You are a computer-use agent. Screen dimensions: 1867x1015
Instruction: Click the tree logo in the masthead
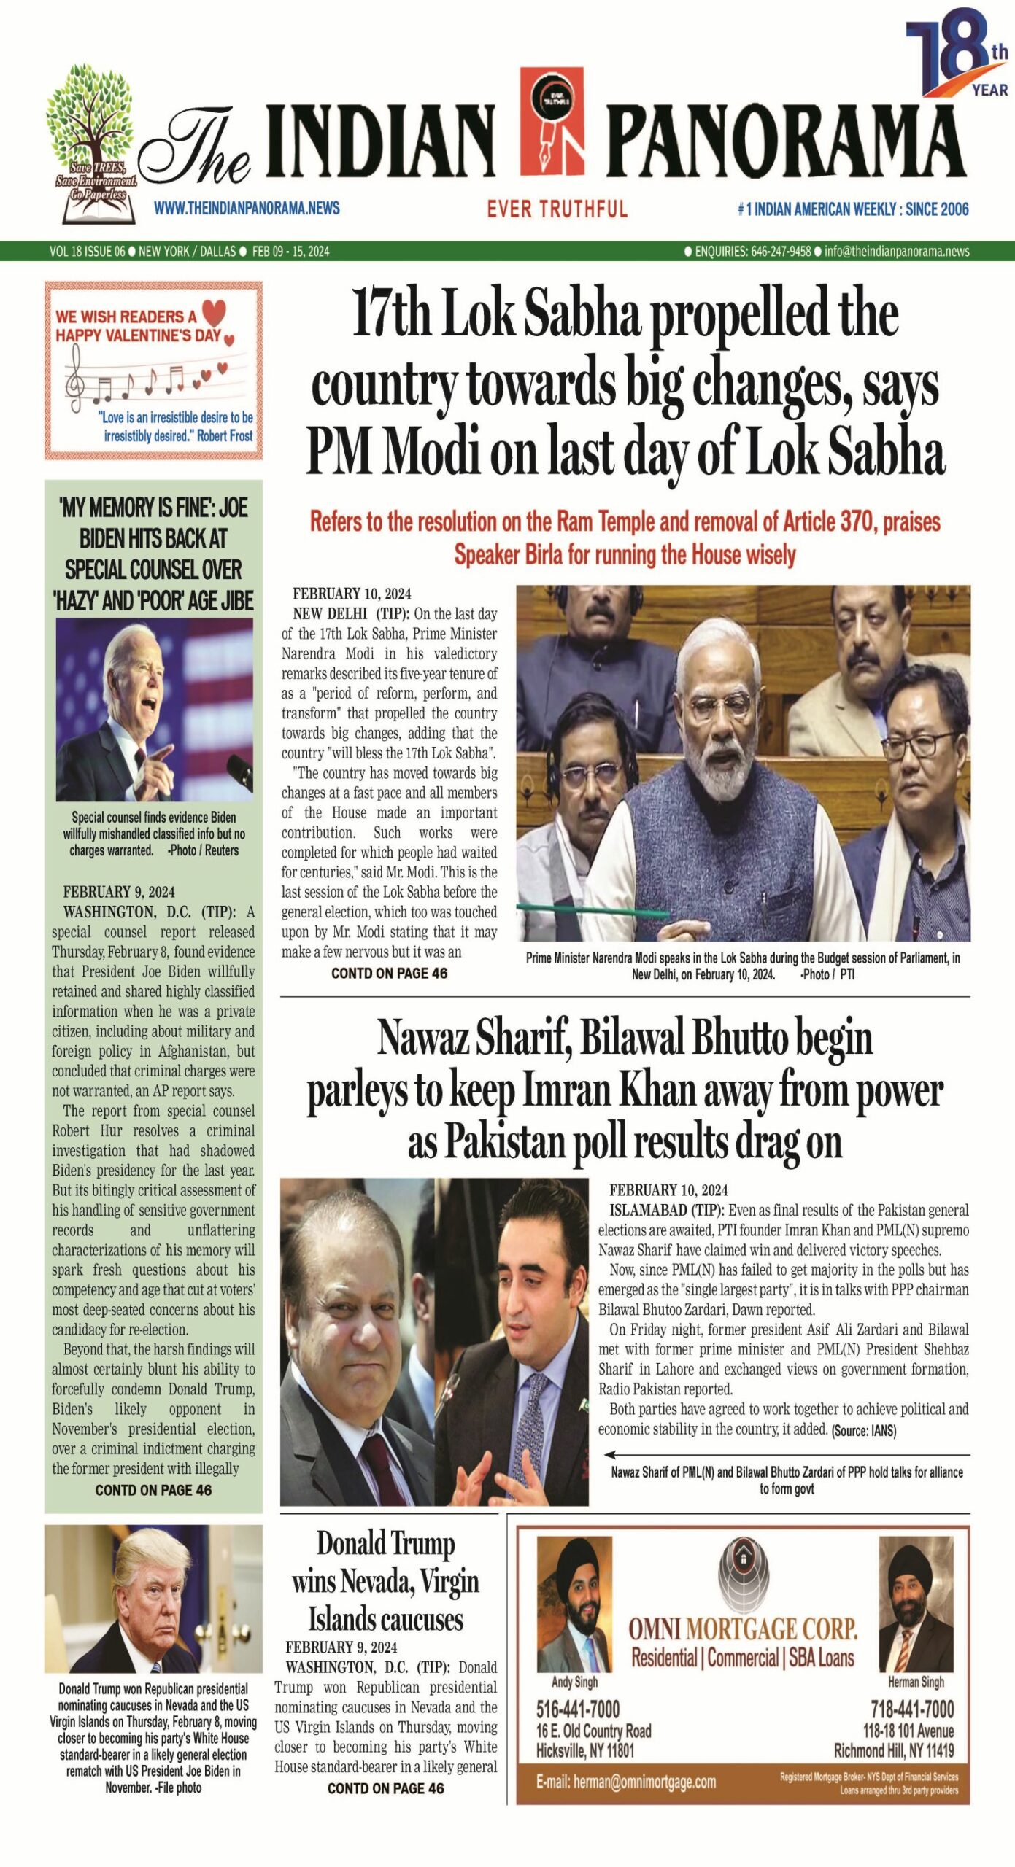tap(91, 142)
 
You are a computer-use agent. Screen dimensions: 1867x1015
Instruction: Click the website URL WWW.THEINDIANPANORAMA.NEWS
tap(247, 209)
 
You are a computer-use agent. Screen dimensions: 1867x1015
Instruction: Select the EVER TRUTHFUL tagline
tap(557, 209)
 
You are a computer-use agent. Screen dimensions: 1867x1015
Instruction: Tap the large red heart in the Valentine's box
tap(214, 313)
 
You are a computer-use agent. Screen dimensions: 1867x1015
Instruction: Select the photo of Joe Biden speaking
tap(154, 710)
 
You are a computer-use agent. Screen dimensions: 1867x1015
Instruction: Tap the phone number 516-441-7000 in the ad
tap(577, 1709)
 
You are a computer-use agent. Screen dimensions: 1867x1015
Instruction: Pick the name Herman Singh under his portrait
tap(915, 1682)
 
